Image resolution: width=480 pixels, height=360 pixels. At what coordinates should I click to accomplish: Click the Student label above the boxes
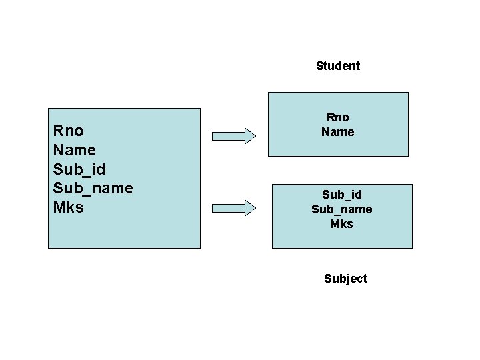point(337,66)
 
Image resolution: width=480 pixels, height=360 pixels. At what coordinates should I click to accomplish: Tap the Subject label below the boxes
point(345,279)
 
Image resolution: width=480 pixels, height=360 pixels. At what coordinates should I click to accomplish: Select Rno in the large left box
point(68,130)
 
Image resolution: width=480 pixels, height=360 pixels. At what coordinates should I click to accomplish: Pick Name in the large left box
point(74,149)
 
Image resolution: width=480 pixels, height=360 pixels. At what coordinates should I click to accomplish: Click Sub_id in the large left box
point(79,169)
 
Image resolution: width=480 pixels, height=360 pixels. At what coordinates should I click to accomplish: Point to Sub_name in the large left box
point(93,188)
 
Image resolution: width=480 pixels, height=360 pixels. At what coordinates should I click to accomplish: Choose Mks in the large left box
point(68,207)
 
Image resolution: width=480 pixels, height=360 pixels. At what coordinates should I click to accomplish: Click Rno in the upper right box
point(337,118)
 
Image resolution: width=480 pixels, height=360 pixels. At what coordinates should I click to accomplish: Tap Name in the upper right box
point(337,132)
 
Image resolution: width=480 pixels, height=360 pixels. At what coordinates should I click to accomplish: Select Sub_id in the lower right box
point(341,195)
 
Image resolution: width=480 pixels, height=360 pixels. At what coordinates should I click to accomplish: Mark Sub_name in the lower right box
point(341,209)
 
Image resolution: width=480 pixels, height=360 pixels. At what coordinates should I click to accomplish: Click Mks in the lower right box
point(341,224)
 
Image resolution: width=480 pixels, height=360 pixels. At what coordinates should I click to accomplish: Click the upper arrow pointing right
point(233,137)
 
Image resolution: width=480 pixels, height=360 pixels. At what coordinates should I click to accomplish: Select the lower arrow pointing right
point(233,208)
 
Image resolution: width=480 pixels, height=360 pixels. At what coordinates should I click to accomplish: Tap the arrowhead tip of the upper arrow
point(255,137)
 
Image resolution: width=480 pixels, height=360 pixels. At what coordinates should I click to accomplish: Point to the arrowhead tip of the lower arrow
point(255,208)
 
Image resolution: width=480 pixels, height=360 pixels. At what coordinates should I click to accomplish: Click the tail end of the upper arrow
point(213,137)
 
